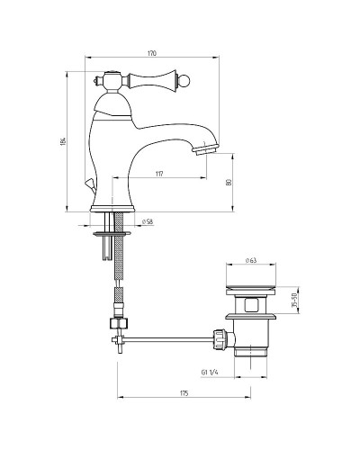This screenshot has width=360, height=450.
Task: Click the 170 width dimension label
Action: [152, 53]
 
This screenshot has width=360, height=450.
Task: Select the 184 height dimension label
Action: [63, 141]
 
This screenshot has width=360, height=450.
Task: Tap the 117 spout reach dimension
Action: [159, 174]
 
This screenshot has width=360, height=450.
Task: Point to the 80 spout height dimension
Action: [229, 182]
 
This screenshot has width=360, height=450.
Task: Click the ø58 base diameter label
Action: [148, 221]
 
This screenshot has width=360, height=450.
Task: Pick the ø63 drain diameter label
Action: [251, 260]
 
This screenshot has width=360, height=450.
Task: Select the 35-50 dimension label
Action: [294, 300]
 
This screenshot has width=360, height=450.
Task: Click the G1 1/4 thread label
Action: [210, 373]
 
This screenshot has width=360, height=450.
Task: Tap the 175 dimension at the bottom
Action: [184, 393]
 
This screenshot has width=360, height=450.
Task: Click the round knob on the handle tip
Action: [186, 82]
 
